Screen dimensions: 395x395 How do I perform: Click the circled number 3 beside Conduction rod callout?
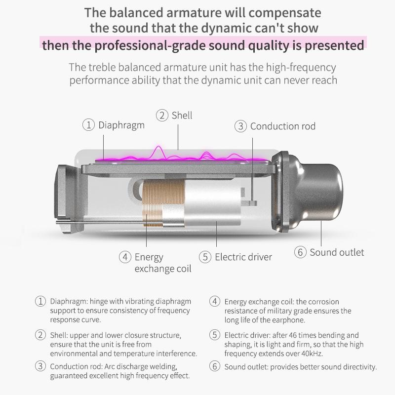240,126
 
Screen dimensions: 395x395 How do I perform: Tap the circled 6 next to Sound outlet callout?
300,252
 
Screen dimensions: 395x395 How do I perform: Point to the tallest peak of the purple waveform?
158,147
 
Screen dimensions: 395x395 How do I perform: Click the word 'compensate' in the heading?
285,13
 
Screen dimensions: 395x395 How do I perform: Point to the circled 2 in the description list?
40,335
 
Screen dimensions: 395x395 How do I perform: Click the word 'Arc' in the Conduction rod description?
110,366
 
